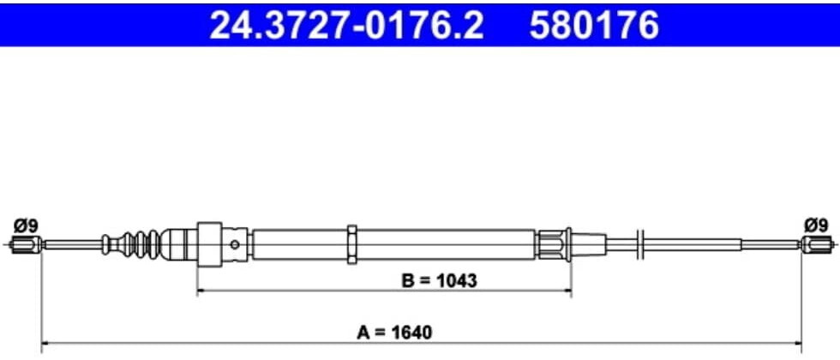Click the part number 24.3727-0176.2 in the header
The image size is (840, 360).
click(346, 25)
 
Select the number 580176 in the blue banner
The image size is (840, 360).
click(594, 25)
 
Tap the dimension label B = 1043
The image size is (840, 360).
click(439, 279)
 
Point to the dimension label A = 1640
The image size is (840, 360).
click(394, 333)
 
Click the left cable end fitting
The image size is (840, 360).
click(27, 245)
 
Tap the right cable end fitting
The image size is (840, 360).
click(816, 245)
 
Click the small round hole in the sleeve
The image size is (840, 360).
click(235, 245)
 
